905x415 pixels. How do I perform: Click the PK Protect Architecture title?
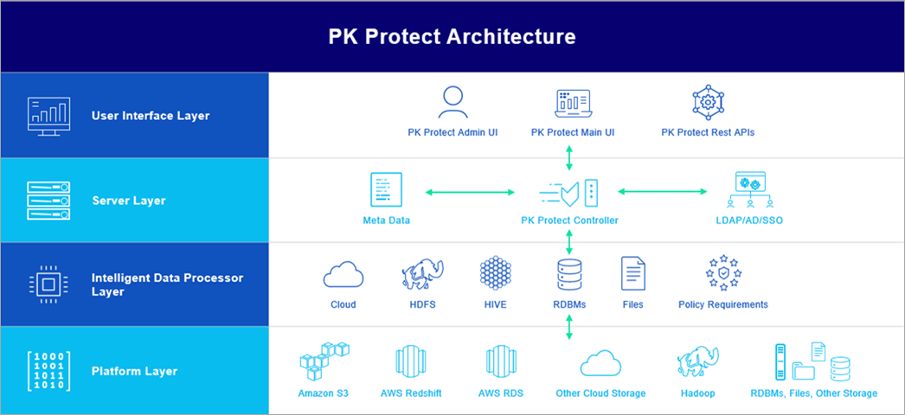[x=452, y=36]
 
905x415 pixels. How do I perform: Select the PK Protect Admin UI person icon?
[x=452, y=102]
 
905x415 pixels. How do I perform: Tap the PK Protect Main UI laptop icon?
[x=572, y=102]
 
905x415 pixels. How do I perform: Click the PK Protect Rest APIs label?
[x=707, y=132]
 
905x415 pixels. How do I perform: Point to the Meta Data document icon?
[x=386, y=189]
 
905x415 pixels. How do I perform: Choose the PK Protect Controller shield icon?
[x=568, y=191]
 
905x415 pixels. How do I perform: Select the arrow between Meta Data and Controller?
[x=464, y=191]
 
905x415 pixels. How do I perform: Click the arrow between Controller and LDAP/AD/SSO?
[x=662, y=191]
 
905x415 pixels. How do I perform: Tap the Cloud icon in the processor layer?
[x=343, y=275]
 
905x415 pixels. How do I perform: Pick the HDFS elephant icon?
[x=423, y=274]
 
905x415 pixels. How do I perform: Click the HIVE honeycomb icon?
[x=496, y=273]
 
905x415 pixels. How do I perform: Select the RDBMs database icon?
[x=568, y=274]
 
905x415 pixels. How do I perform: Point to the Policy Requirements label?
[x=722, y=304]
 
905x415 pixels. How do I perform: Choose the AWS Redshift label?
[x=411, y=393]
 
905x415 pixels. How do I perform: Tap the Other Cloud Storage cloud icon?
[x=600, y=363]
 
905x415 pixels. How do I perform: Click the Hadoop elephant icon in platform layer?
[x=698, y=362]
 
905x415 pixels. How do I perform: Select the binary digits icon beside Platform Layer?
[x=49, y=371]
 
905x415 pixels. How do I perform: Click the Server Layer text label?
[x=129, y=201]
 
